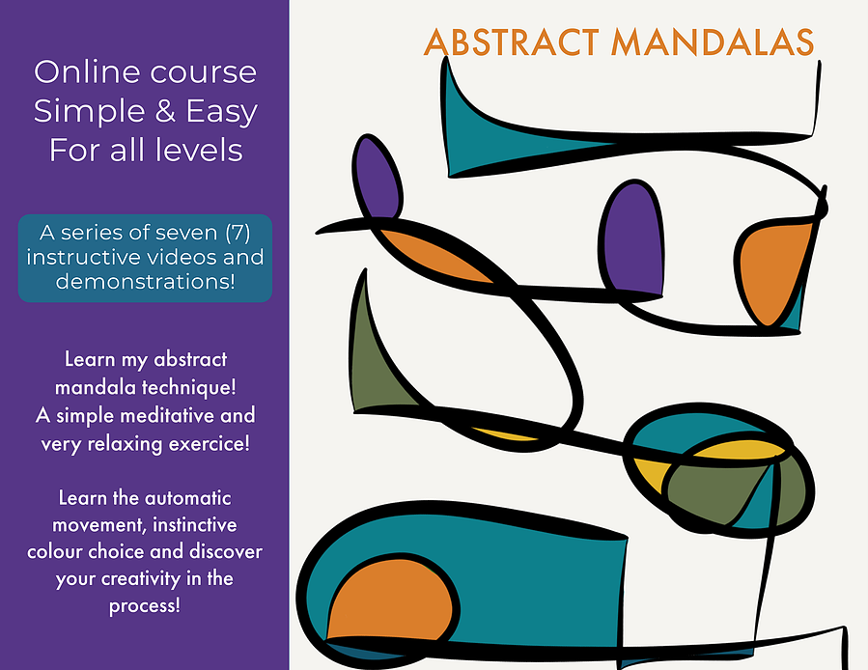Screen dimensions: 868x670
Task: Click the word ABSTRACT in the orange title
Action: coord(512,42)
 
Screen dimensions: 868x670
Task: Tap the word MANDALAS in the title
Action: coord(713,42)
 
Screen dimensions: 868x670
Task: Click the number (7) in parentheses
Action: coord(238,233)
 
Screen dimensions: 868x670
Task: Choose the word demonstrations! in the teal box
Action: coord(146,281)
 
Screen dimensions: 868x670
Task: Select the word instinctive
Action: coord(194,524)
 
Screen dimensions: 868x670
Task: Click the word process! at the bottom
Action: coord(145,605)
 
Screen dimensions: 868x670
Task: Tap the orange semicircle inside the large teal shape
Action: coord(390,600)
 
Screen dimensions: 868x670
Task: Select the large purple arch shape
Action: coord(632,239)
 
